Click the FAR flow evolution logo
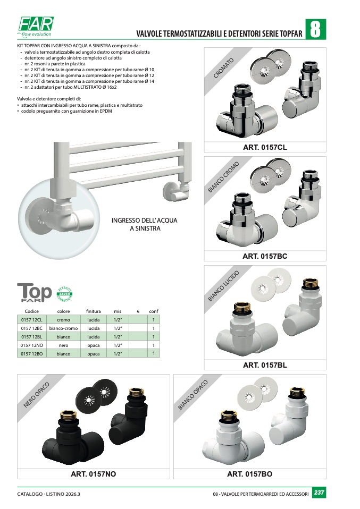pyautogui.click(x=36, y=27)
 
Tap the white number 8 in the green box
pyautogui.click(x=315, y=29)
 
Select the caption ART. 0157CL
pyautogui.click(x=265, y=147)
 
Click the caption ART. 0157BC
pyautogui.click(x=265, y=257)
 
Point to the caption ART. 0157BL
pyautogui.click(x=265, y=365)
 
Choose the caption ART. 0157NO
pyautogui.click(x=93, y=474)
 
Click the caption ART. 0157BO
pyautogui.click(x=249, y=474)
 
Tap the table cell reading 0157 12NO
pyautogui.click(x=32, y=345)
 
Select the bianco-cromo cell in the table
pyautogui.click(x=63, y=328)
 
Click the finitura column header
pyautogui.click(x=93, y=311)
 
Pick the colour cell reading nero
pyautogui.click(x=63, y=345)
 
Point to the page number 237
pyautogui.click(x=319, y=493)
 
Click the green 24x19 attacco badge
pyautogui.click(x=64, y=294)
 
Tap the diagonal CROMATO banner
pyautogui.click(x=223, y=68)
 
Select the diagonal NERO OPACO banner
pyautogui.click(x=36, y=395)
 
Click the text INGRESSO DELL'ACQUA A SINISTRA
pyautogui.click(x=145, y=224)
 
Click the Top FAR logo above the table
pyautogui.click(x=35, y=292)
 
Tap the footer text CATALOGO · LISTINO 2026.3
pyautogui.click(x=49, y=494)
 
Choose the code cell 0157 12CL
pyautogui.click(x=32, y=320)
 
